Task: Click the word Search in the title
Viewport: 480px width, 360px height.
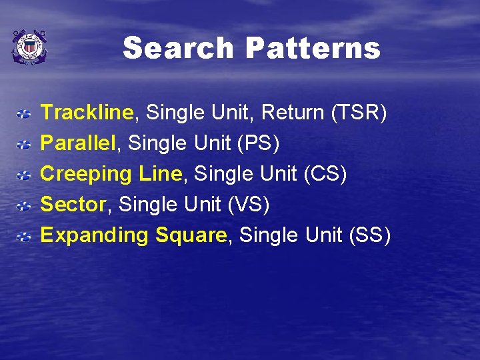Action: [x=178, y=49]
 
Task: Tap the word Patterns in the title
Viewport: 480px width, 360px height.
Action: [x=313, y=49]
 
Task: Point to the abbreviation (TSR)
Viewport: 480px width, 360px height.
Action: [x=359, y=113]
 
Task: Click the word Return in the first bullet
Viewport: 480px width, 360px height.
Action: [x=293, y=113]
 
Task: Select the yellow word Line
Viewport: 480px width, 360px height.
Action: [x=160, y=174]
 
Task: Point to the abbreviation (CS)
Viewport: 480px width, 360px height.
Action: [x=325, y=174]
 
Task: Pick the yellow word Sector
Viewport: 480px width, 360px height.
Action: [x=73, y=205]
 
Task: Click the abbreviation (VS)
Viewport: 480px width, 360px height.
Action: [x=248, y=205]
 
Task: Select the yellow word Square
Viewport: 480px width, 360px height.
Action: [x=191, y=235]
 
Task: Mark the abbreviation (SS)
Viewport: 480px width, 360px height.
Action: [x=369, y=235]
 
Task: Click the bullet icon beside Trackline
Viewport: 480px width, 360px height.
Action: [x=23, y=114]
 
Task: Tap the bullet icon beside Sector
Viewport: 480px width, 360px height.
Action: [x=23, y=206]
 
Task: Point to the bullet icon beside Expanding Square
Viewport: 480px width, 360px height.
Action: [x=23, y=237]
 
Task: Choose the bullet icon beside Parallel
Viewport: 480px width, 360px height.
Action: [x=23, y=145]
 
